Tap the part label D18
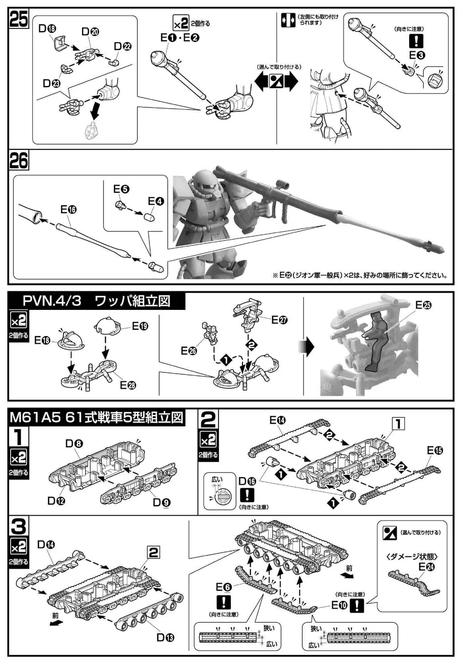click(47, 29)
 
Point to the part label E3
click(417, 55)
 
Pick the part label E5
click(121, 189)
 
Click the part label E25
click(423, 305)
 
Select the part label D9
click(161, 502)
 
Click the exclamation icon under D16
click(247, 495)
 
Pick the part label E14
click(277, 421)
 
